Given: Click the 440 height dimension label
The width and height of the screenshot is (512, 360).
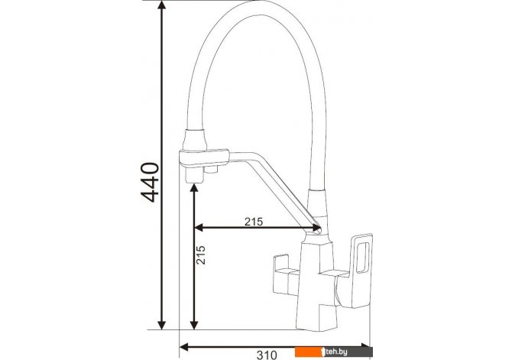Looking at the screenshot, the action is (150, 182).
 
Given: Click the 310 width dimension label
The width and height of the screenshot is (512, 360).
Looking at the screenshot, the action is (267, 355).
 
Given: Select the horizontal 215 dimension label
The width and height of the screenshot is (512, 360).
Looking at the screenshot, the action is (254, 222).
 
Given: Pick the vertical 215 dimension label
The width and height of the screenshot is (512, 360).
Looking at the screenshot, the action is (201, 255).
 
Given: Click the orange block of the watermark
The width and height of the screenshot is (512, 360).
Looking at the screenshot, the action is (308, 352).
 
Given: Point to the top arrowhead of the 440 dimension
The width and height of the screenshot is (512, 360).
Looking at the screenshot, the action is (162, 5).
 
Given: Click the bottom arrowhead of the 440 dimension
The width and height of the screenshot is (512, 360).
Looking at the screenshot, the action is (162, 325).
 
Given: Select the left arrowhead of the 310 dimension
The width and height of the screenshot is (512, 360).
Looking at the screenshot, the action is (184, 346).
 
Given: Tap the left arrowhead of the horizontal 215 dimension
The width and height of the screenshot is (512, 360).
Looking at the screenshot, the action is (199, 228).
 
